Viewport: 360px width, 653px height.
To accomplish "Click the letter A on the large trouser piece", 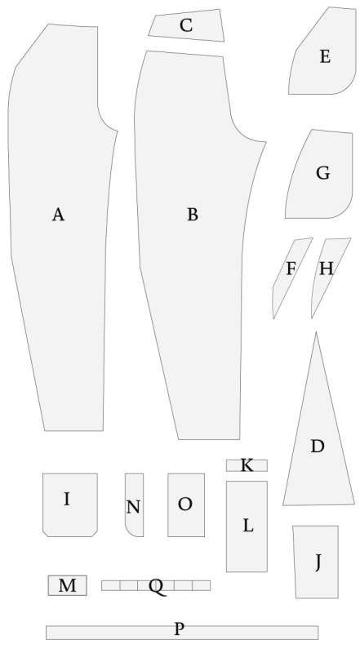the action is (x=58, y=215).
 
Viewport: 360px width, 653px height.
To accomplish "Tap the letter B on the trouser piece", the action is (x=192, y=215).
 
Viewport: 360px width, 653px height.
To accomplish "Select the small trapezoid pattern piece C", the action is (x=187, y=26).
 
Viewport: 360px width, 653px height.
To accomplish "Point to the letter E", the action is (x=325, y=56).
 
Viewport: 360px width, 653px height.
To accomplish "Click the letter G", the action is (x=323, y=173).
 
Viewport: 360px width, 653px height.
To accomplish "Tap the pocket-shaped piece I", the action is (x=70, y=504).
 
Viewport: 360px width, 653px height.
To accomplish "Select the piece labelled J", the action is (x=316, y=562).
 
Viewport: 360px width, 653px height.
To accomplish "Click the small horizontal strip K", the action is (x=247, y=465).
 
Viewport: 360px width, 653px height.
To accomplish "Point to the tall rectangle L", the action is (x=247, y=526).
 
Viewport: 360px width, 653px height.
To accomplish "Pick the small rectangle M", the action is (x=68, y=585).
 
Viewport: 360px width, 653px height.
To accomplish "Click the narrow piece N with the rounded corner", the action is (x=135, y=504).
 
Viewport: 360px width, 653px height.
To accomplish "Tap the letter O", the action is (x=185, y=504).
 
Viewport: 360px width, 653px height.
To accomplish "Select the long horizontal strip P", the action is (x=182, y=633).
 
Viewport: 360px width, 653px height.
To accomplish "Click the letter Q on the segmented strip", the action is (x=157, y=587).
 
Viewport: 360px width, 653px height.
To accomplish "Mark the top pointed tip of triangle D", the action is (x=316, y=332).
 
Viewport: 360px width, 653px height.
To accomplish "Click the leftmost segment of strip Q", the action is (x=111, y=585).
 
